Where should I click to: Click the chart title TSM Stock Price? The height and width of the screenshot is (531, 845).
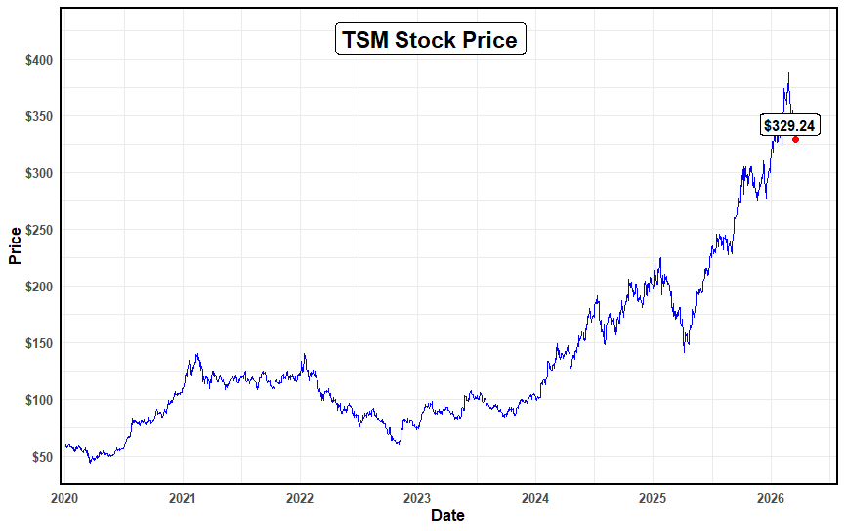pyautogui.click(x=431, y=40)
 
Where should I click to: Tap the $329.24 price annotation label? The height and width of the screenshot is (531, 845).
pyautogui.click(x=789, y=125)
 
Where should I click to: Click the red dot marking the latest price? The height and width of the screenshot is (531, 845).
pyautogui.click(x=796, y=140)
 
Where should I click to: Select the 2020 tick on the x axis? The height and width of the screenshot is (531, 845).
pyautogui.click(x=64, y=498)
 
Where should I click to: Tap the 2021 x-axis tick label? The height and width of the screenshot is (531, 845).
pyautogui.click(x=183, y=498)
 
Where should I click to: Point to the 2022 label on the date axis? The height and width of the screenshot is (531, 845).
pyautogui.click(x=300, y=498)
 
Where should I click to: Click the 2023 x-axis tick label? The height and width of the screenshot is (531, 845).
pyautogui.click(x=417, y=498)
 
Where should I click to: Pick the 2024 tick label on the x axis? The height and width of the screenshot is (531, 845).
pyautogui.click(x=535, y=498)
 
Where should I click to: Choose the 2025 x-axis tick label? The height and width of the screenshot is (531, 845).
pyautogui.click(x=654, y=498)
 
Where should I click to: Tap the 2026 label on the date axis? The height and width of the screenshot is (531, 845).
pyautogui.click(x=771, y=498)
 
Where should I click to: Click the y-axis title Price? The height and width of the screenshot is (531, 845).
pyautogui.click(x=15, y=245)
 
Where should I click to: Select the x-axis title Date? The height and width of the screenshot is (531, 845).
pyautogui.click(x=448, y=515)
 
